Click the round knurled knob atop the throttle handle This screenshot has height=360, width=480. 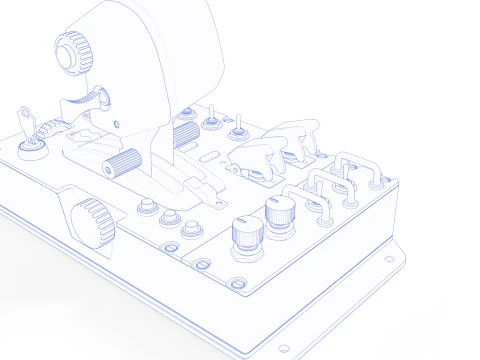point(71,51)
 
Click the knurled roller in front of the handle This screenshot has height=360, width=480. point(121,161)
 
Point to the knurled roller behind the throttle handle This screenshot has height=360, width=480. point(186,133)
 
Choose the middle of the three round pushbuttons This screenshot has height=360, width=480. point(168,219)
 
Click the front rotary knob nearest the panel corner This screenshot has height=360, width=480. point(245,237)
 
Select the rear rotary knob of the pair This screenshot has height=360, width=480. point(279,210)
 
